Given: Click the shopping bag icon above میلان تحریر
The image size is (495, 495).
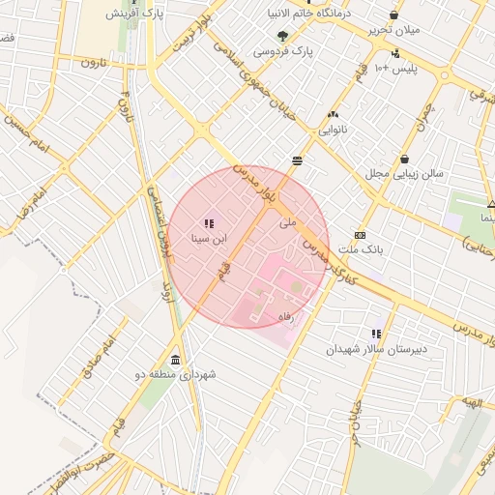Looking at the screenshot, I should pyautogui.click(x=393, y=15).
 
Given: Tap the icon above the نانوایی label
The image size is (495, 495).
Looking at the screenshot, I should pyautogui.click(x=334, y=114).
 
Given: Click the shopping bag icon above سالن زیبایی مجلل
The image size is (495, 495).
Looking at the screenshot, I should pyautogui.click(x=404, y=160).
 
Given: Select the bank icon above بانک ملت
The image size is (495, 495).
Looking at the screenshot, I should pyautogui.click(x=361, y=235).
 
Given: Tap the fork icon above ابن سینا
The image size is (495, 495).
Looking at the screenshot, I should pyautogui.click(x=210, y=223).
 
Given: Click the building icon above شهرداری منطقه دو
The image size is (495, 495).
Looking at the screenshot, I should pyautogui.click(x=175, y=360).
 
